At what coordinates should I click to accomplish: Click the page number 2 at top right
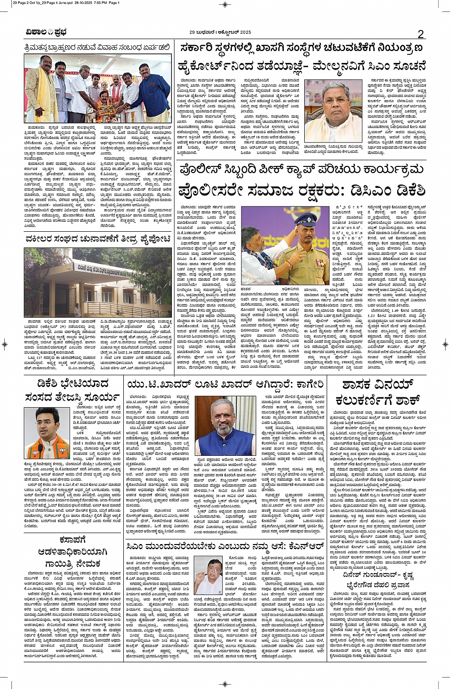(420, 33)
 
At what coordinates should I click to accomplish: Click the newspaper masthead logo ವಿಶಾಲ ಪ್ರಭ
(47, 32)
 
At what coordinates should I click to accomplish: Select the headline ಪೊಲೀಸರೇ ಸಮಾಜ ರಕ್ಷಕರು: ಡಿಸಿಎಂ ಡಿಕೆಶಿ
(301, 192)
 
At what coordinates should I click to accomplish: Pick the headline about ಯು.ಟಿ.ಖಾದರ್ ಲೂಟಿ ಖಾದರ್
(224, 384)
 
